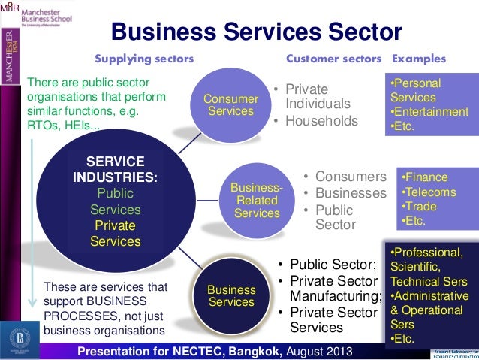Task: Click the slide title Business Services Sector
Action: pyautogui.click(x=257, y=32)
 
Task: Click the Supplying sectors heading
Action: pyautogui.click(x=143, y=59)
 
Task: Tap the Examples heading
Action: pyautogui.click(x=419, y=59)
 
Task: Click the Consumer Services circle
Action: pyautogui.click(x=230, y=105)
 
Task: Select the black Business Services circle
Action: pyautogui.click(x=231, y=295)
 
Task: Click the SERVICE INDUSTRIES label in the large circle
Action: pyautogui.click(x=116, y=170)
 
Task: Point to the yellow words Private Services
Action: pyautogui.click(x=116, y=233)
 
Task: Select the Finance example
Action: pyautogui.click(x=425, y=177)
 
